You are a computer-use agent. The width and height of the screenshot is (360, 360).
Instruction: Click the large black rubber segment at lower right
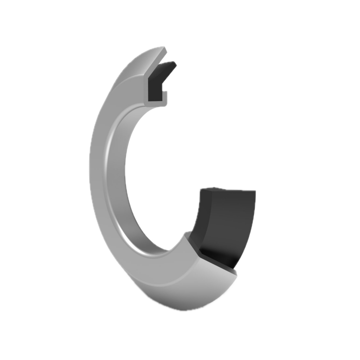tap(225, 221)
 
